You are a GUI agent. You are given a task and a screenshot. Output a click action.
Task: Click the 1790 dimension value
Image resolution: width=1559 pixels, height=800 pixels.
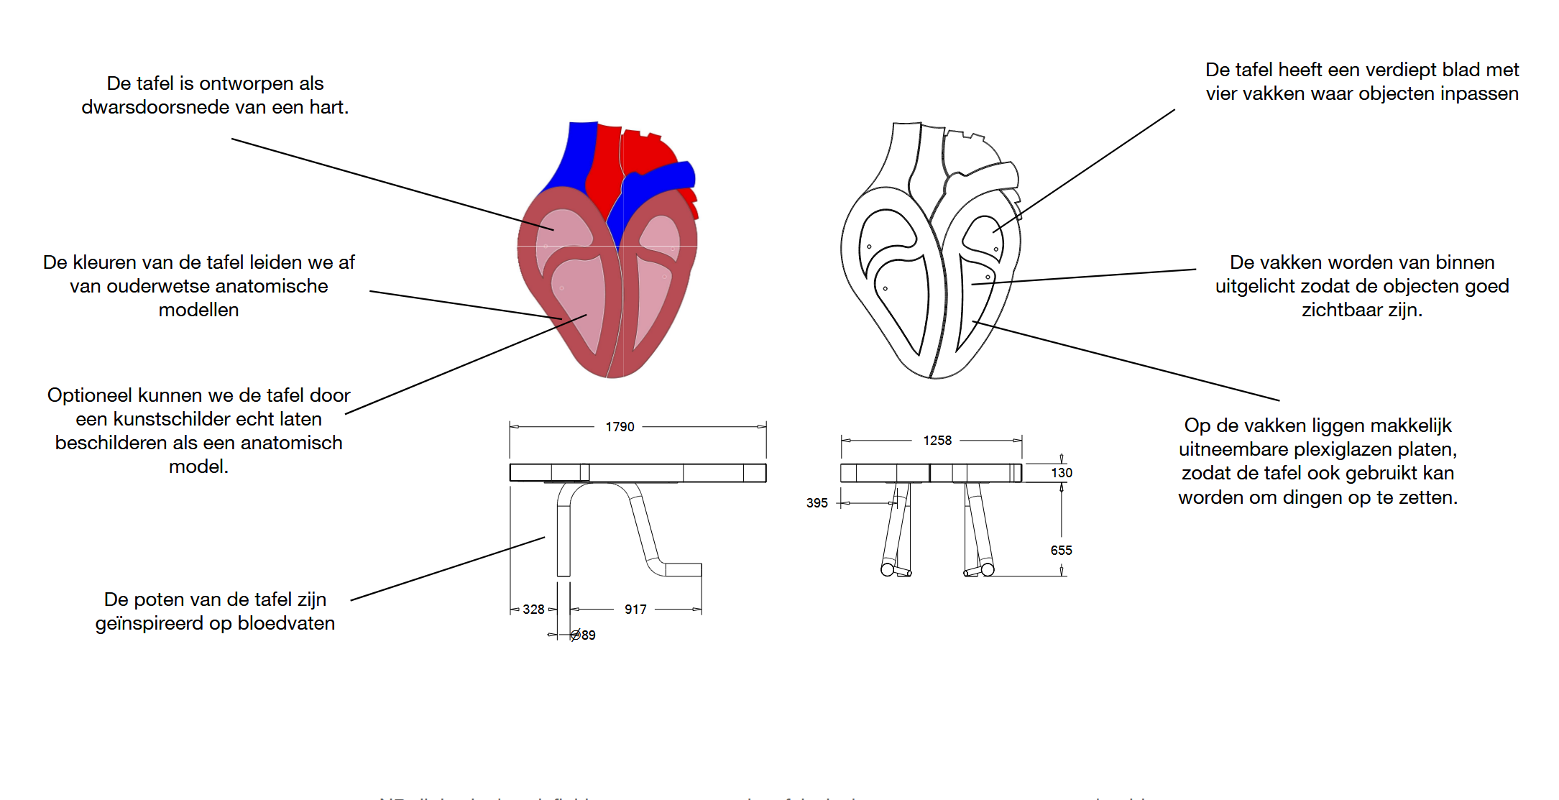tap(620, 427)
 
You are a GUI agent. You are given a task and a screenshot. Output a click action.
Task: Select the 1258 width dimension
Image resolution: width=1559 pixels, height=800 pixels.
tap(937, 441)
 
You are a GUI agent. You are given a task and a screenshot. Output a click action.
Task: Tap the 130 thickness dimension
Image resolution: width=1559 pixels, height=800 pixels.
tap(1062, 473)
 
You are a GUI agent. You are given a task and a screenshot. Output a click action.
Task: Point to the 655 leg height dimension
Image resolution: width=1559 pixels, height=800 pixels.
tap(1061, 551)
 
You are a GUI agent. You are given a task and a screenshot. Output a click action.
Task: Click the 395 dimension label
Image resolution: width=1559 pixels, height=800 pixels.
tap(817, 503)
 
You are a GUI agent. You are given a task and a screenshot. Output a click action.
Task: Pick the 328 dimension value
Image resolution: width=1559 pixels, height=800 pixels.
tap(533, 610)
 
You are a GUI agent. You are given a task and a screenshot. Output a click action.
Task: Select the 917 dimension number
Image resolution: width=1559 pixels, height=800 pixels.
tap(635, 610)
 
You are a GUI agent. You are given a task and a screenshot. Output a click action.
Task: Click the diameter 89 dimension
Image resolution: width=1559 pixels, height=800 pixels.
tap(584, 635)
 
